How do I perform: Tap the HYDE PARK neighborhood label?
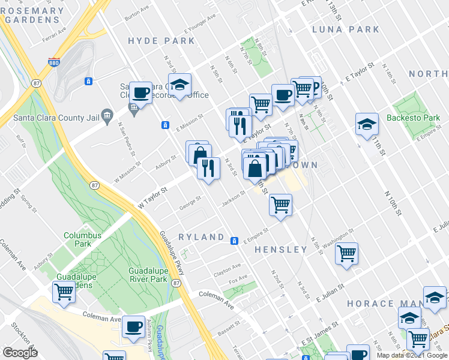pos(161,41)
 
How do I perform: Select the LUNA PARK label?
pos(345,29)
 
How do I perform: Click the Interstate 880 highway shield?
pos(54,62)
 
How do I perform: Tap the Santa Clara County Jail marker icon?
pos(107,115)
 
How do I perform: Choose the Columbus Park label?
pos(82,239)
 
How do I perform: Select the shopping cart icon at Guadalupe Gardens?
pos(63,292)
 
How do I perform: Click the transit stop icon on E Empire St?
pos(235,240)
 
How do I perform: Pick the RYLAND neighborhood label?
pos(201,237)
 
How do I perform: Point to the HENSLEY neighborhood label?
pos(281,249)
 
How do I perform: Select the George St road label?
pos(190,199)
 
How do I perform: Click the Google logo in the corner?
pos(20,352)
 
